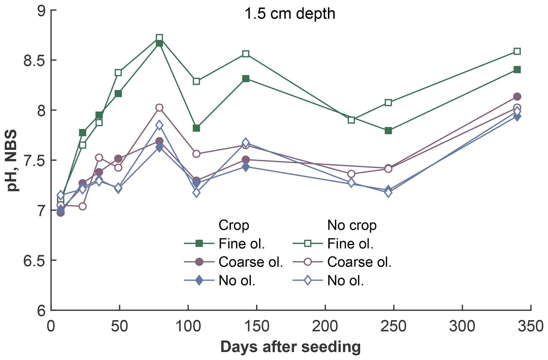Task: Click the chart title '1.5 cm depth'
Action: tap(290, 14)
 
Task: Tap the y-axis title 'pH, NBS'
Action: tap(12, 160)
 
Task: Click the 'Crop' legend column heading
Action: tap(234, 225)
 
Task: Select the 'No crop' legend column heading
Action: tap(352, 225)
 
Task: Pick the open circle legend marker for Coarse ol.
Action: tap(308, 262)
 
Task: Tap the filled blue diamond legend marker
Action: tap(199, 281)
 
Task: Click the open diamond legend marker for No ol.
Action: tap(308, 281)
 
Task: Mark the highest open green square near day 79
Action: tap(159, 37)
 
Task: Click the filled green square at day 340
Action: tap(517, 70)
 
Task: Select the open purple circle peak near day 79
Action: tap(159, 108)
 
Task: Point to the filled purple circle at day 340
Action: tap(517, 96)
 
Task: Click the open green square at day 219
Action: tap(351, 120)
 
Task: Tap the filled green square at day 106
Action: tap(196, 128)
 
